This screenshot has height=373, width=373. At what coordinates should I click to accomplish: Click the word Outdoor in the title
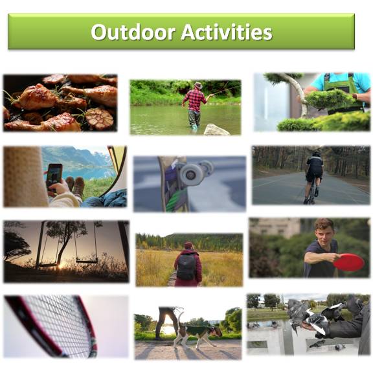click(133, 32)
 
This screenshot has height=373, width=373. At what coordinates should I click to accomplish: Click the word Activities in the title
click(227, 32)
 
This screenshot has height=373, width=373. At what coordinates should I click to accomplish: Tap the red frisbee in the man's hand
click(349, 262)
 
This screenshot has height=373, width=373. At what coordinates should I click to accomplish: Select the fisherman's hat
click(198, 85)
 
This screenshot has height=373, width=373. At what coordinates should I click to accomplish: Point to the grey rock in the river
click(216, 130)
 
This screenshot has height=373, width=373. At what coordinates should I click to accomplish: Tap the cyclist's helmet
click(317, 153)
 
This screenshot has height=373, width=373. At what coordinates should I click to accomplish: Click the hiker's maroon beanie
click(189, 245)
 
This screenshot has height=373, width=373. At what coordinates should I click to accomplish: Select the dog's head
click(216, 332)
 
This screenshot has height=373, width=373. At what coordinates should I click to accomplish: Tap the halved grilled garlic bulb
click(100, 119)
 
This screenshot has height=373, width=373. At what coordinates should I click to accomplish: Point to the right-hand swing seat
click(87, 261)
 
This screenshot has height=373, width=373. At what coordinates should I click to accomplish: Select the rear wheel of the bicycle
click(310, 194)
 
